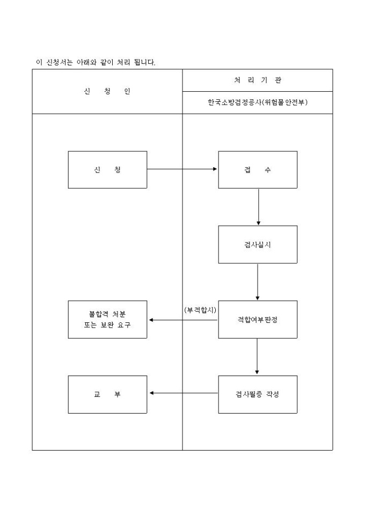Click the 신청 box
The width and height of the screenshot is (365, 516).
107,169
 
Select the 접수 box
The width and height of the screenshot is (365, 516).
258,169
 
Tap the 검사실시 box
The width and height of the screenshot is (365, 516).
258,244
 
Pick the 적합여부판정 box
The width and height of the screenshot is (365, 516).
258,320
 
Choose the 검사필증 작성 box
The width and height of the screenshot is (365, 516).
258,394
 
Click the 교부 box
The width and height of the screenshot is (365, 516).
107,394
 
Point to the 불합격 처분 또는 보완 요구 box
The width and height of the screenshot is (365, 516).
107,320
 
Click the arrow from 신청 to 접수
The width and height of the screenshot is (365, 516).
182,169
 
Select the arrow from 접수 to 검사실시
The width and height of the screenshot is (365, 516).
258,207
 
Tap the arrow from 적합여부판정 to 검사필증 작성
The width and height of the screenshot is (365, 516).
258,357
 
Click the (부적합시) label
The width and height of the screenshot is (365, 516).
200,309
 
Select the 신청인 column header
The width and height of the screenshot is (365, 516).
107,91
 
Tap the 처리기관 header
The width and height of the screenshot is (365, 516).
258,80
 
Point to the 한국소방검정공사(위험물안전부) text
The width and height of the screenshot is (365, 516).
258,102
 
